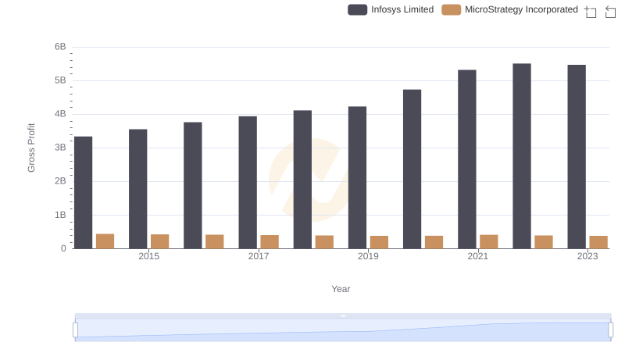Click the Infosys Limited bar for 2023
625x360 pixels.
pyautogui.click(x=577, y=156)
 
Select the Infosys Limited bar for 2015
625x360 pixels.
pyautogui.click(x=138, y=189)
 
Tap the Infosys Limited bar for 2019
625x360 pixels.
pyautogui.click(x=358, y=177)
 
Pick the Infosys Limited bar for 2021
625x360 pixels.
pyautogui.click(x=467, y=159)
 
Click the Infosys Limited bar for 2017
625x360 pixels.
pyautogui.click(x=248, y=182)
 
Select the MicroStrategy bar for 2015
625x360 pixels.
pyautogui.click(x=160, y=241)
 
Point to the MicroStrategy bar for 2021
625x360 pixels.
pyautogui.click(x=489, y=241)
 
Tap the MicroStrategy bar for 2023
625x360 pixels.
pyautogui.click(x=598, y=242)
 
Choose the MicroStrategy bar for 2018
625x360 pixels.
pyautogui.click(x=324, y=242)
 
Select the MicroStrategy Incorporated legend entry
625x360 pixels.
pyautogui.click(x=510, y=10)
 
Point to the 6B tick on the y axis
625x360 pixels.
pyautogui.click(x=60, y=47)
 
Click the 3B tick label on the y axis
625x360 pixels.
pyautogui.click(x=60, y=148)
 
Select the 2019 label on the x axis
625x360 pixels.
pyautogui.click(x=368, y=257)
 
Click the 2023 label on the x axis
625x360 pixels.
pyautogui.click(x=587, y=257)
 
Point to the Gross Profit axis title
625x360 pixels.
pyautogui.click(x=32, y=148)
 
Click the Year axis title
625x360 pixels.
pyautogui.click(x=341, y=289)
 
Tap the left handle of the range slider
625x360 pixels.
pyautogui.click(x=76, y=330)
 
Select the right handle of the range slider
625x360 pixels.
pyautogui.click(x=611, y=330)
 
